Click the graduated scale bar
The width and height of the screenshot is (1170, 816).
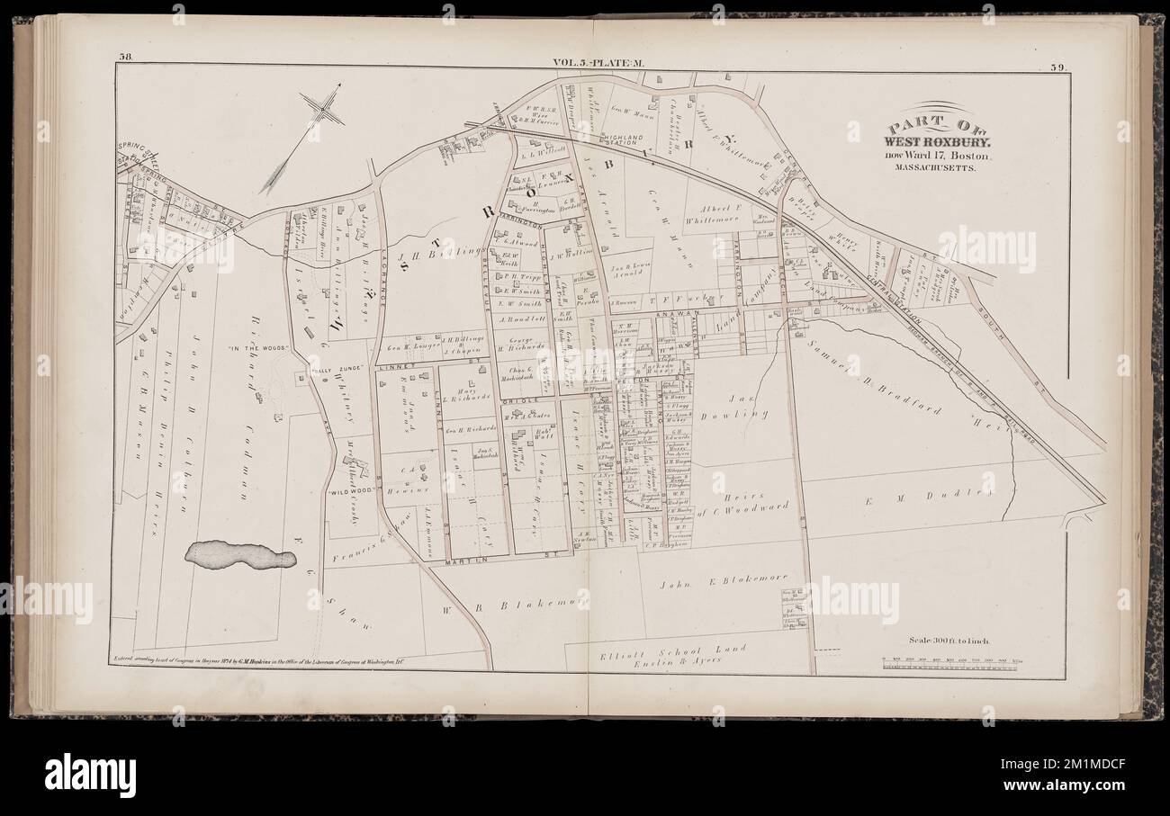click(x=953, y=662)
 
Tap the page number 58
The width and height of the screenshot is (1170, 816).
click(x=126, y=61)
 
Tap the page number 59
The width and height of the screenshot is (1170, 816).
click(x=1058, y=65)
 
